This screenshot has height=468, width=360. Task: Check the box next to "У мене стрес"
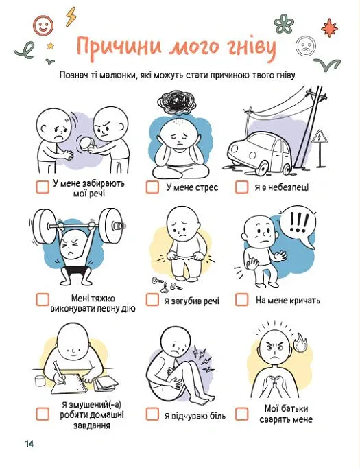152,187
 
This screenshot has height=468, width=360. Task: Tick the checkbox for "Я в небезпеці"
241,187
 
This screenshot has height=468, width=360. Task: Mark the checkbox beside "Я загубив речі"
152,299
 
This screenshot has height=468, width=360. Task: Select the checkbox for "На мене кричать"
241,299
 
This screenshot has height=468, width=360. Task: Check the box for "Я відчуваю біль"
152,414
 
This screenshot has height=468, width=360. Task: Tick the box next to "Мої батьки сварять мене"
241,414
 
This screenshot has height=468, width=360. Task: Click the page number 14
29,443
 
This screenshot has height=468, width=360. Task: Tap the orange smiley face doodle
43,25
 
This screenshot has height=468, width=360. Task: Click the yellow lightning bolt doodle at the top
71,16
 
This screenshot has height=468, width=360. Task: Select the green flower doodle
284,24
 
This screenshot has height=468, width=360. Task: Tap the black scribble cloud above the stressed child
177,102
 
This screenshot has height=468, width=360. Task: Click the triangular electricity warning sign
320,137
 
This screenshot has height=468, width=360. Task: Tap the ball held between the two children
86,143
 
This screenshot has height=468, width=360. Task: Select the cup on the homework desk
40,381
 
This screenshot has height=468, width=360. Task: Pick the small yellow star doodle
51,46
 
